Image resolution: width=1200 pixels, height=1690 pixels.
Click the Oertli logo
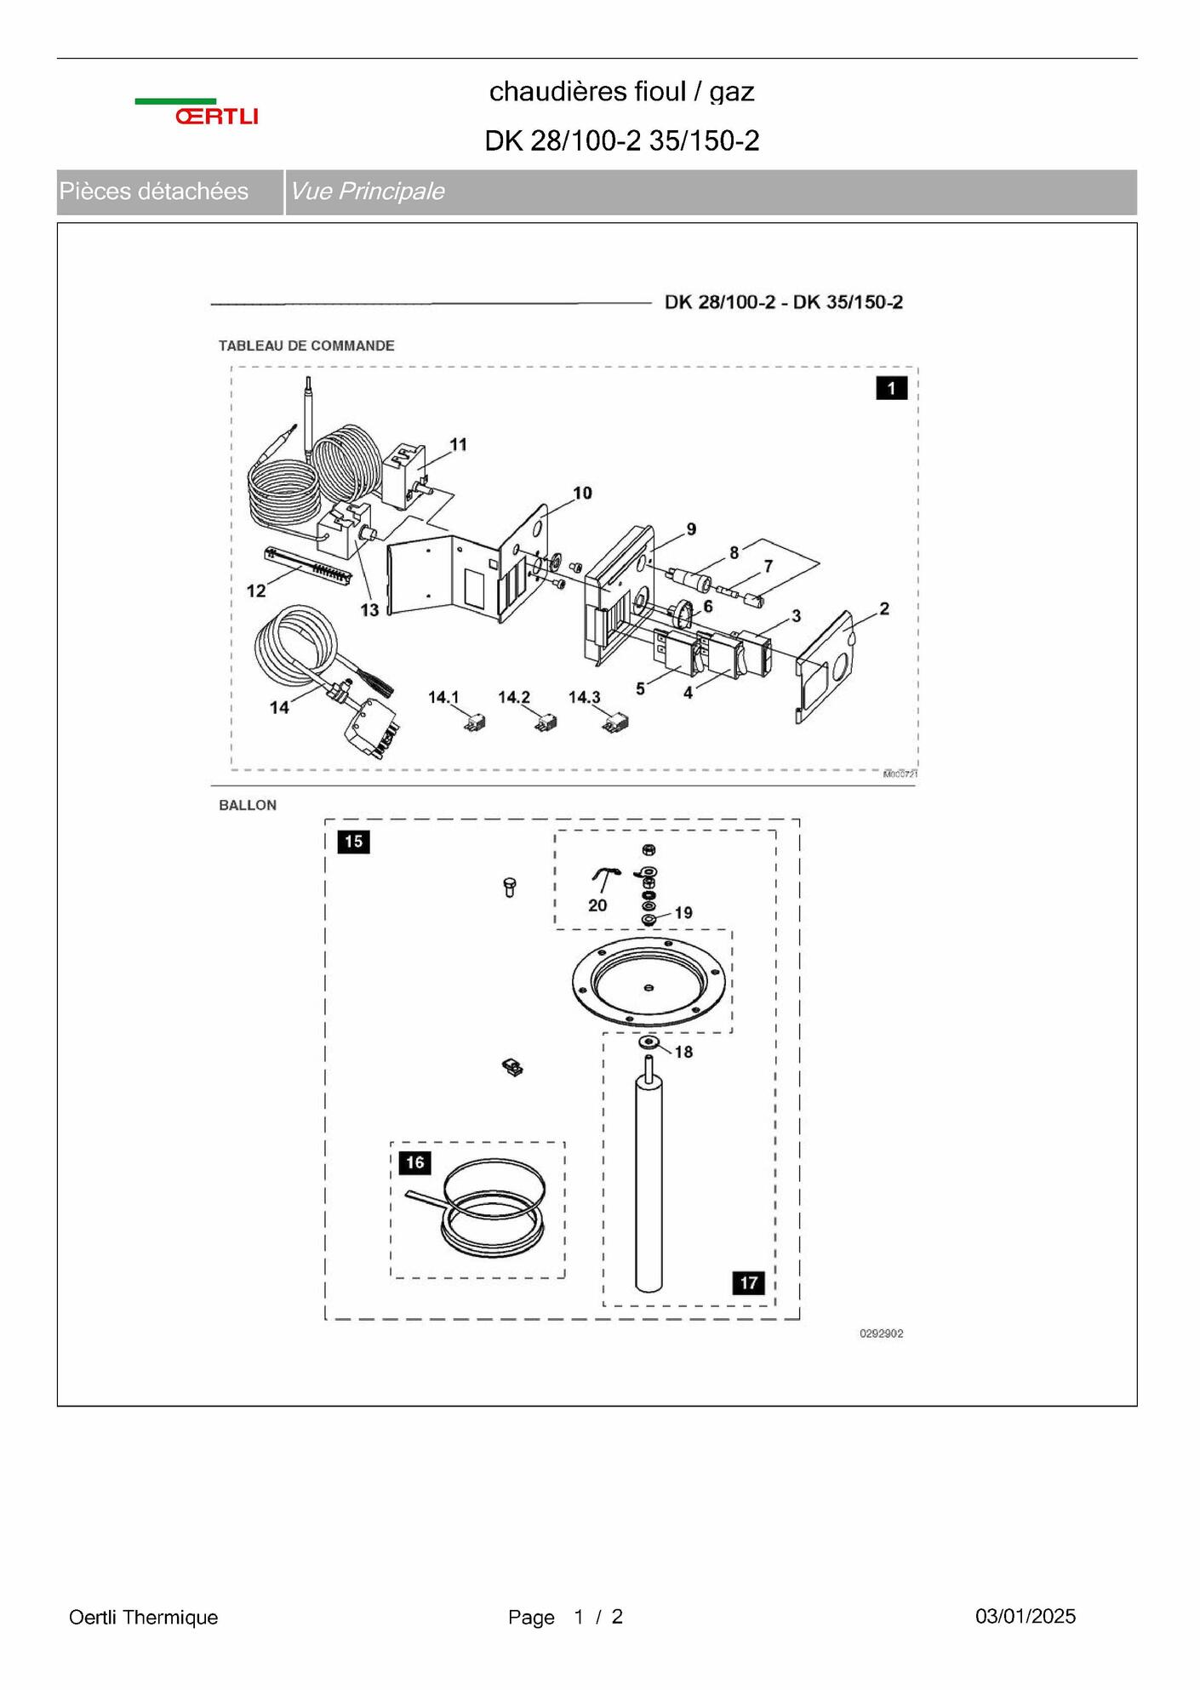point(197,111)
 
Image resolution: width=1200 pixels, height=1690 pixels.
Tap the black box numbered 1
point(891,389)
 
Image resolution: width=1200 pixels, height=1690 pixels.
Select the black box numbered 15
point(353,842)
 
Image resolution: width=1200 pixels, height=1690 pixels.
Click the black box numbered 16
point(414,1162)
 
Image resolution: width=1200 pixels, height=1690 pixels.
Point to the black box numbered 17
point(748,1282)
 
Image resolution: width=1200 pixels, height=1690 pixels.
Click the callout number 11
point(459,444)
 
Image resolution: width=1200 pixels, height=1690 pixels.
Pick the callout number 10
point(582,493)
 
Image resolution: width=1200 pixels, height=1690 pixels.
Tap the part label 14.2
point(514,697)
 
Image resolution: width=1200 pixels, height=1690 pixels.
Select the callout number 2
point(884,608)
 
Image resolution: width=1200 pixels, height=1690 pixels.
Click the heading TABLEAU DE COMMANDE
point(306,345)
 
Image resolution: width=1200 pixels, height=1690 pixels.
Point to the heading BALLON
point(248,805)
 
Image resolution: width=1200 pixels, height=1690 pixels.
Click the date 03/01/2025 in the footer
point(1026,1616)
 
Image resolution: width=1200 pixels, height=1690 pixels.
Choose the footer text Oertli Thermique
point(143,1617)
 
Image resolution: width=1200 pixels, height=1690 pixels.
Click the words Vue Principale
point(367,191)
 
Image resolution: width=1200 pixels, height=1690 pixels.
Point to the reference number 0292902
point(881,1333)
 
